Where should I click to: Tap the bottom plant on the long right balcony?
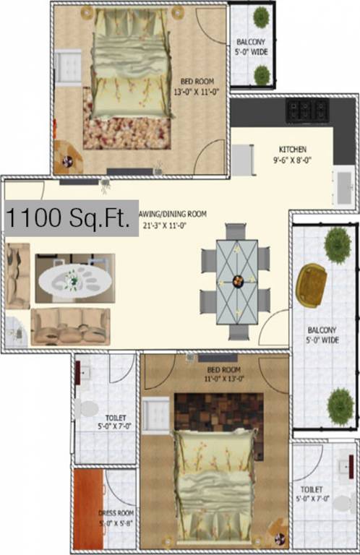tap(339, 406)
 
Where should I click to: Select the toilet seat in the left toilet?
tap(88, 409)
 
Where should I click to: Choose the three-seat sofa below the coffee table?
tap(70, 325)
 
